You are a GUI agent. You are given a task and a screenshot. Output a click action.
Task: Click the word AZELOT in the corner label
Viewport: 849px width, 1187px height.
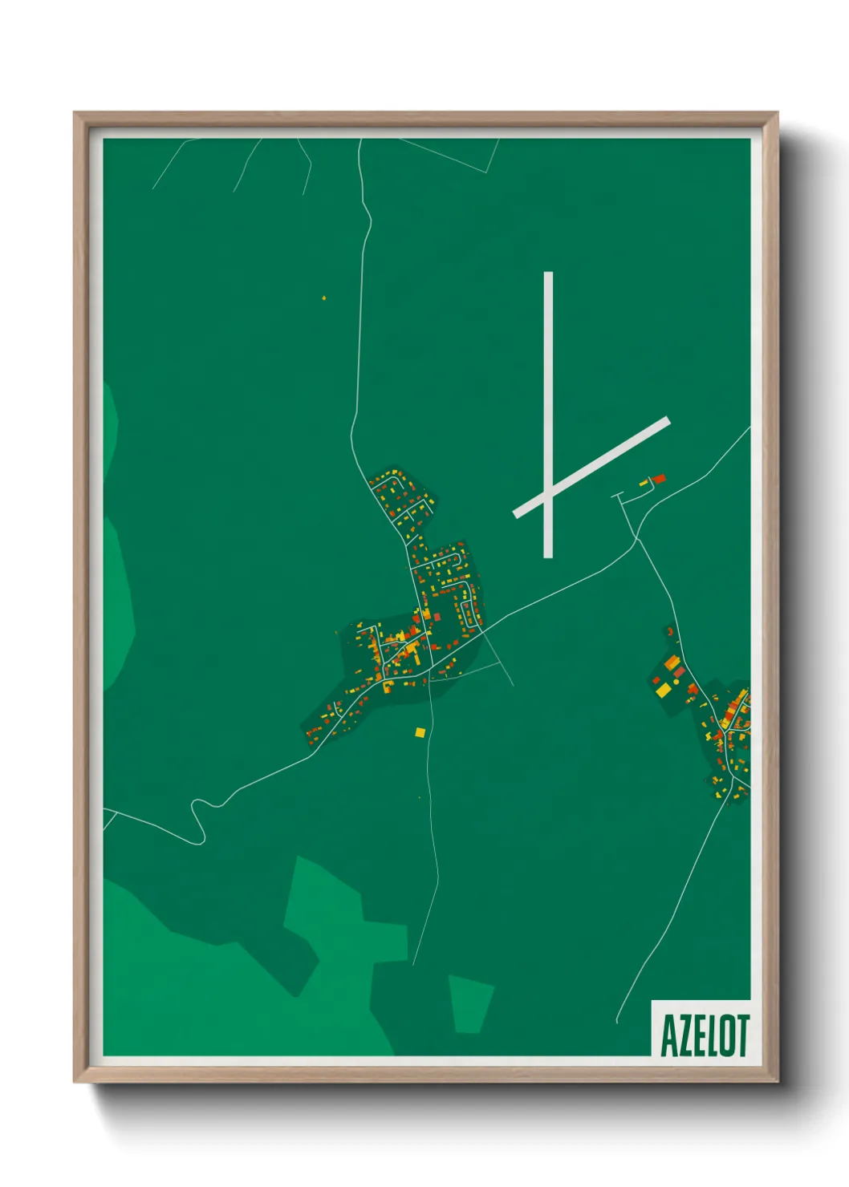point(705,1035)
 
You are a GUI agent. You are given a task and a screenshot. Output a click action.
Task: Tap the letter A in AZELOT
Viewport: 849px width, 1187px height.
point(668,1035)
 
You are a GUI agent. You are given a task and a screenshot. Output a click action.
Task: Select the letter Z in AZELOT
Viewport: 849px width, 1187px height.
point(683,1035)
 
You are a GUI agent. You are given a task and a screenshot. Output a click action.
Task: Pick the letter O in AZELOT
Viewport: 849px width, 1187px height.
point(726,1035)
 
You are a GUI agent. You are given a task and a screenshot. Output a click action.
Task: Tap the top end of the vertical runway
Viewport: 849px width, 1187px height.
point(548,274)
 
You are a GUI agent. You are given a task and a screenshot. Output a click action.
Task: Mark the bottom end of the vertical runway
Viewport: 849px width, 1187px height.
point(548,555)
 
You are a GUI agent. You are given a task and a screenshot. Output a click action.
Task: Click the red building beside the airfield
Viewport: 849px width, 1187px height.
point(659,479)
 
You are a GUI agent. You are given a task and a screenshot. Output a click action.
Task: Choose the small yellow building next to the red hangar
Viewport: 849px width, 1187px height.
point(644,483)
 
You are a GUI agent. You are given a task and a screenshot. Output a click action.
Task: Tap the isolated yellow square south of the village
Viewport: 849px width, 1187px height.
point(420,732)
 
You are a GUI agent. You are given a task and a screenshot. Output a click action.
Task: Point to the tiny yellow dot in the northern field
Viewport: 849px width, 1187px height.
point(324,298)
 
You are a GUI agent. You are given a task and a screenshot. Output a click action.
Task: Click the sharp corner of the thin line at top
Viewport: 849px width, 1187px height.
point(489,172)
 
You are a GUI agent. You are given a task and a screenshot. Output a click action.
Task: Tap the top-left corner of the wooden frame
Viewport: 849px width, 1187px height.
point(75,114)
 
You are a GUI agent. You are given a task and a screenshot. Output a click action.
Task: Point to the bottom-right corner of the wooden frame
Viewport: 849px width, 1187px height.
point(777,1081)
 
